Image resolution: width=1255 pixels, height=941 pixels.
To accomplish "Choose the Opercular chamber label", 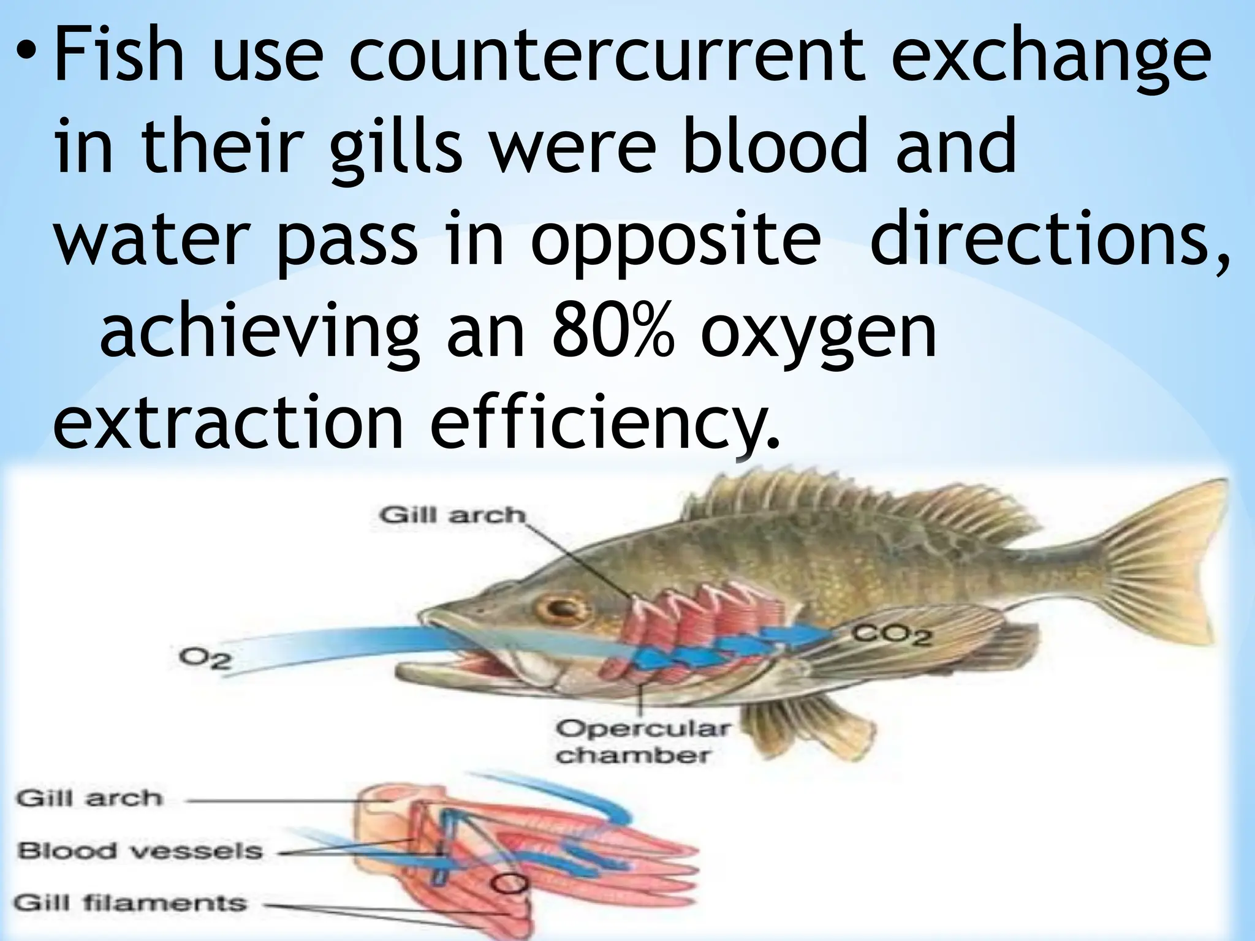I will coord(642,742).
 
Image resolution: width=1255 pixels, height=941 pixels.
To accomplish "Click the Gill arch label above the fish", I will coord(452,515).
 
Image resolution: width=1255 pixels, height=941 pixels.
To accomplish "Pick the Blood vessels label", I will coord(140,851).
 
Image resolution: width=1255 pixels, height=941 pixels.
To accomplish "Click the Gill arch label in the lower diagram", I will coord(90,799).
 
